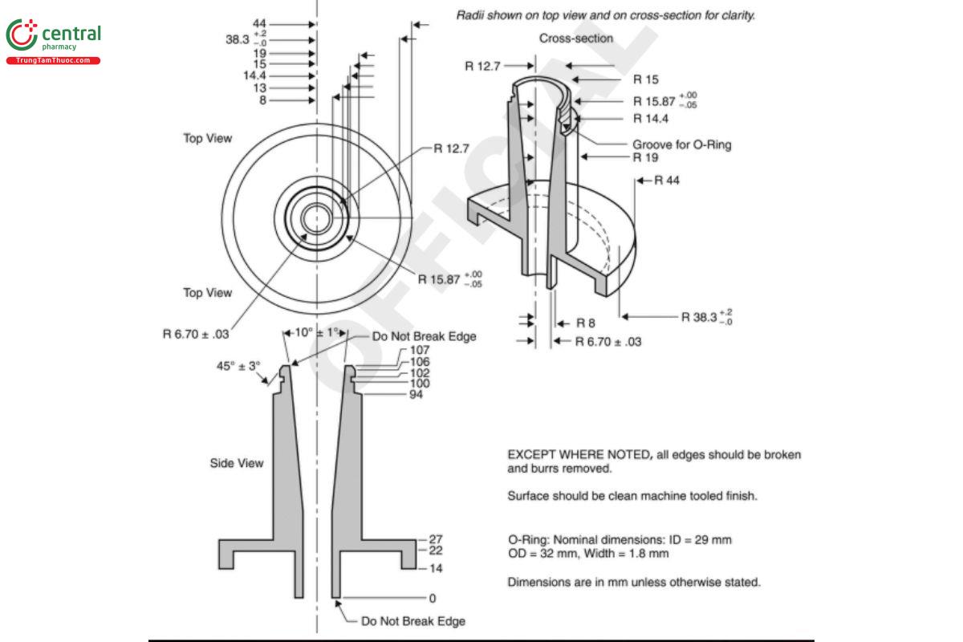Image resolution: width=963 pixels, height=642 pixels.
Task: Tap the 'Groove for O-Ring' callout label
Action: coord(681,145)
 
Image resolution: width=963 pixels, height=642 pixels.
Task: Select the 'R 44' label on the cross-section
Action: coord(667,181)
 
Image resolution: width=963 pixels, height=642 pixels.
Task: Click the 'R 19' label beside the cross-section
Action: coord(645,157)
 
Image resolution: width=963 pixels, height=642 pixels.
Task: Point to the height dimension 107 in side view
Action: coord(420,350)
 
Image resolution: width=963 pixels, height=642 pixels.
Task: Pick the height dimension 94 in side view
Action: coord(416,395)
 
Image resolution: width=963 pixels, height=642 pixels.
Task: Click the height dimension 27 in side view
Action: coord(436,539)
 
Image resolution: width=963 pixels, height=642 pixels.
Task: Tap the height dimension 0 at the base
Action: coord(433,598)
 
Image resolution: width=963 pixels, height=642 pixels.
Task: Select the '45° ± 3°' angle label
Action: coord(238,366)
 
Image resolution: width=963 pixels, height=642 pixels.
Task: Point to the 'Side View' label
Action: coord(236,463)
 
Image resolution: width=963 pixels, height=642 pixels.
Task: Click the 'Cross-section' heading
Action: coord(575,39)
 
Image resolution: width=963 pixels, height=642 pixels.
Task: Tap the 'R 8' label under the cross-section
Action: coord(586,323)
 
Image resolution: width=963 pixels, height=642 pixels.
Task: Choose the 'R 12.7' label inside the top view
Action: coord(451,148)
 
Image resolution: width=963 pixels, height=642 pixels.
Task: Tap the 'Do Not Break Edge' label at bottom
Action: coord(412,621)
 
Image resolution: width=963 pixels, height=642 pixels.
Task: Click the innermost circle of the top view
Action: coord(317,217)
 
